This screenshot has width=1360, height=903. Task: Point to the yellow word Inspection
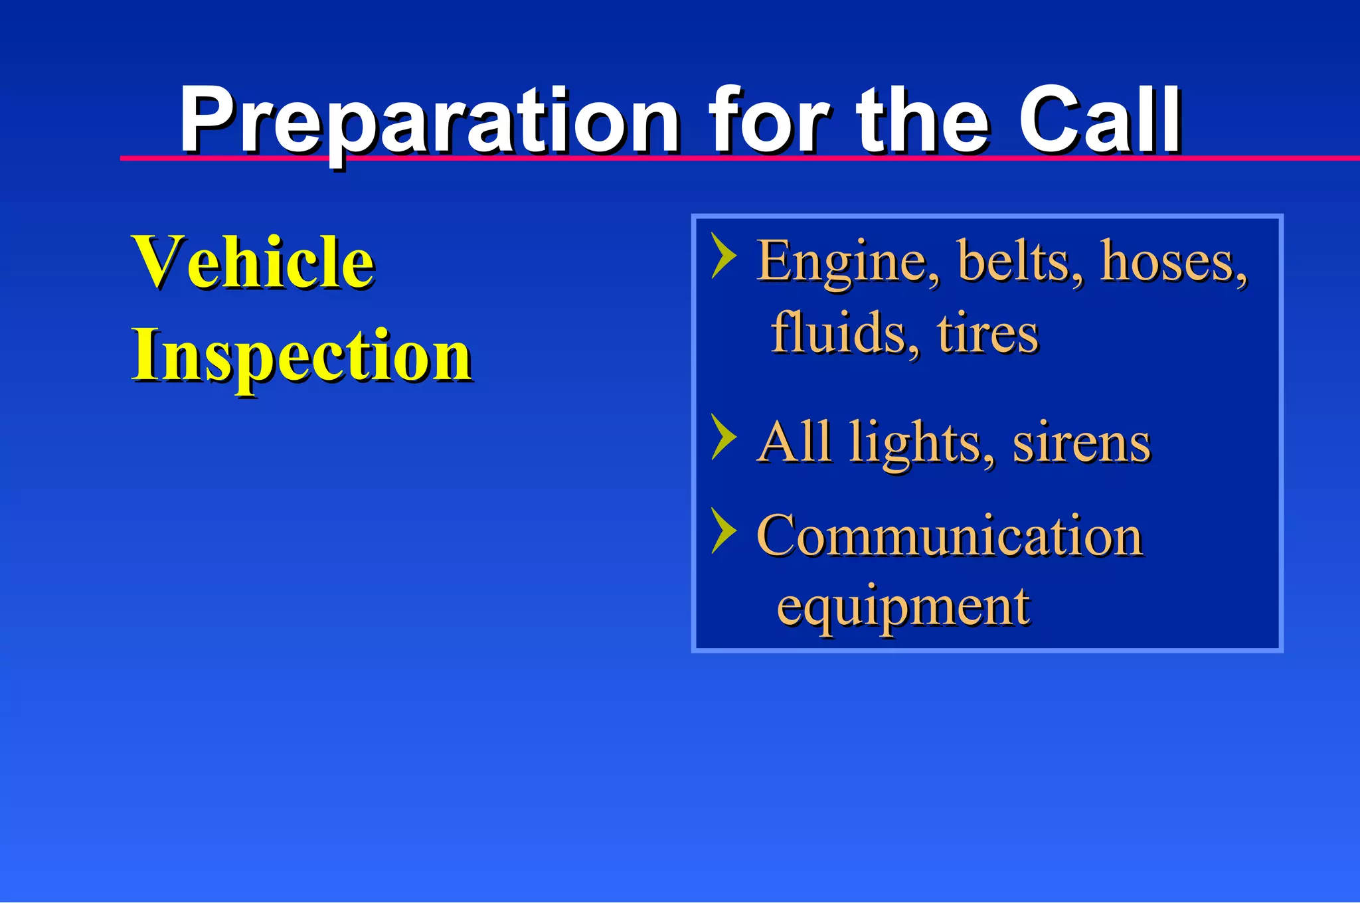click(x=301, y=357)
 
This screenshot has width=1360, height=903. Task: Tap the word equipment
click(x=903, y=607)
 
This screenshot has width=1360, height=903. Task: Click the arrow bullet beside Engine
click(x=722, y=255)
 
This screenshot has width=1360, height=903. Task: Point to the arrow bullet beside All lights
click(x=722, y=437)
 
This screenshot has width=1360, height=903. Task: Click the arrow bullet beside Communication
click(x=722, y=531)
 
